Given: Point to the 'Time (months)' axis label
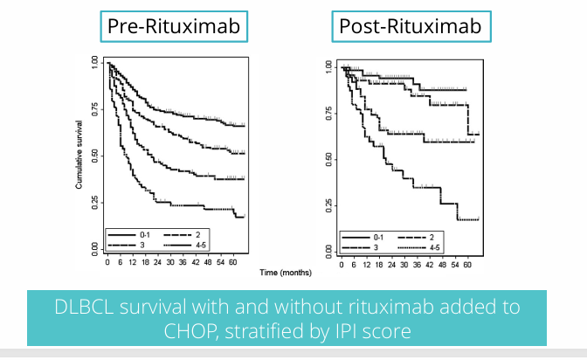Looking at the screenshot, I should [283, 273].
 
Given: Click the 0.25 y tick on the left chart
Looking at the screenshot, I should [93, 202].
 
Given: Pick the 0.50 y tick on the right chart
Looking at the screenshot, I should [328, 158].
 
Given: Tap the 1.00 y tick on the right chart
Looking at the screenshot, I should [328, 66].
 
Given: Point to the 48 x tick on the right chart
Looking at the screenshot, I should [442, 262].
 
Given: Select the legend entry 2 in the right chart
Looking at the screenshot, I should [432, 237].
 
